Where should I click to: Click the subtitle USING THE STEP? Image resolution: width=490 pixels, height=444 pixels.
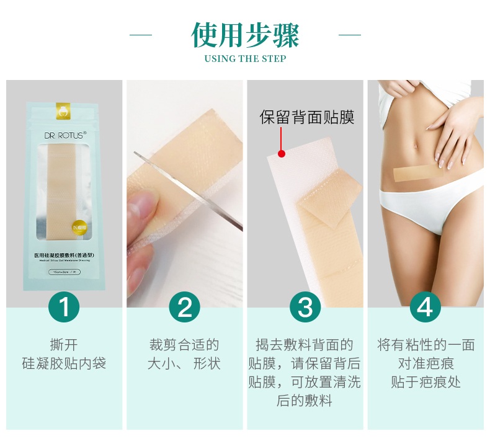click(x=245, y=59)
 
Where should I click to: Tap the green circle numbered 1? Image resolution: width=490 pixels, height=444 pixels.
click(x=64, y=307)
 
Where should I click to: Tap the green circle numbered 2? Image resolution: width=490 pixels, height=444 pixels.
click(x=185, y=307)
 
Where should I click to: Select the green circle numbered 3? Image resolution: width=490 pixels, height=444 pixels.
click(x=305, y=307)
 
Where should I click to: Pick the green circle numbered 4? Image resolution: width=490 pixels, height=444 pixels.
click(x=425, y=307)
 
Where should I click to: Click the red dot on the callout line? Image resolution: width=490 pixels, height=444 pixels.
click(x=281, y=153)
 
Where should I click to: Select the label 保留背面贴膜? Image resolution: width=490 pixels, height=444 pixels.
click(x=307, y=117)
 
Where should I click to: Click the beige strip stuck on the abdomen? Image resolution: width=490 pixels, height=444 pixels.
click(x=418, y=172)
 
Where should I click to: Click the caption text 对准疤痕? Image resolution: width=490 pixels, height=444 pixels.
click(x=425, y=363)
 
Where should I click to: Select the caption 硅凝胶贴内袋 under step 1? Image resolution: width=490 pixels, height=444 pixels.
click(x=64, y=363)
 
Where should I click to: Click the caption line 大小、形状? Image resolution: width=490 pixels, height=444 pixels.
click(x=184, y=363)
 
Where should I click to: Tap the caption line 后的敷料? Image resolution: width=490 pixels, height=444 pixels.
click(x=305, y=401)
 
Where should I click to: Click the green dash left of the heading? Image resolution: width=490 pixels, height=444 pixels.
click(x=140, y=35)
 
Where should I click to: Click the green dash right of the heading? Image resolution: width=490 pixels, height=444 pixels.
click(x=350, y=35)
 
